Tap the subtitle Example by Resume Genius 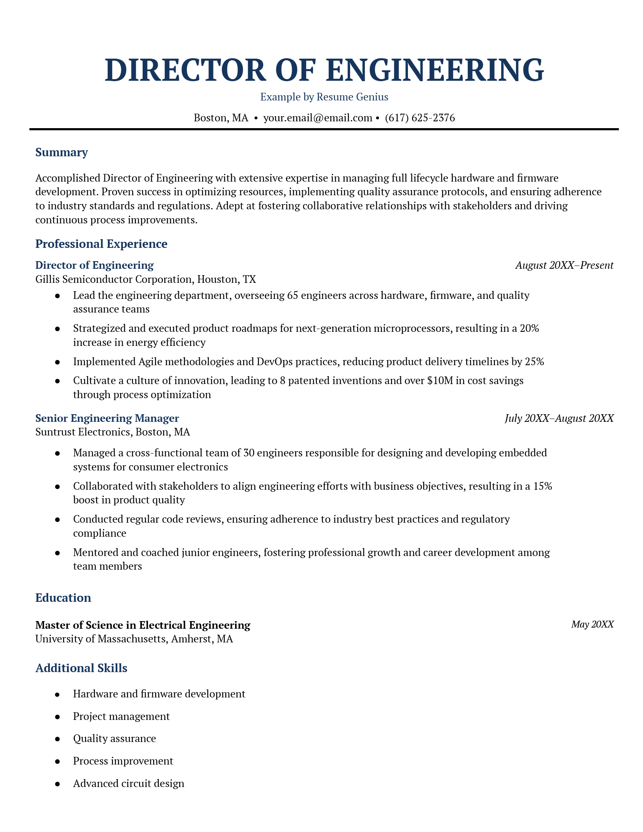tap(324, 97)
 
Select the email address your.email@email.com tap(317, 118)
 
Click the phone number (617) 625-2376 tap(420, 118)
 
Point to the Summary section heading tap(61, 152)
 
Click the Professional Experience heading tap(101, 244)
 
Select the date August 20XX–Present tap(564, 265)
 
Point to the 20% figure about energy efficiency tap(529, 328)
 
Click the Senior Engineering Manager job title tap(107, 418)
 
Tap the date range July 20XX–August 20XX tap(559, 418)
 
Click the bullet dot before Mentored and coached tap(57, 553)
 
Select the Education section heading tap(63, 598)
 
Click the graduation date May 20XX tap(592, 624)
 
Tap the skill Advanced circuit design tap(129, 783)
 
